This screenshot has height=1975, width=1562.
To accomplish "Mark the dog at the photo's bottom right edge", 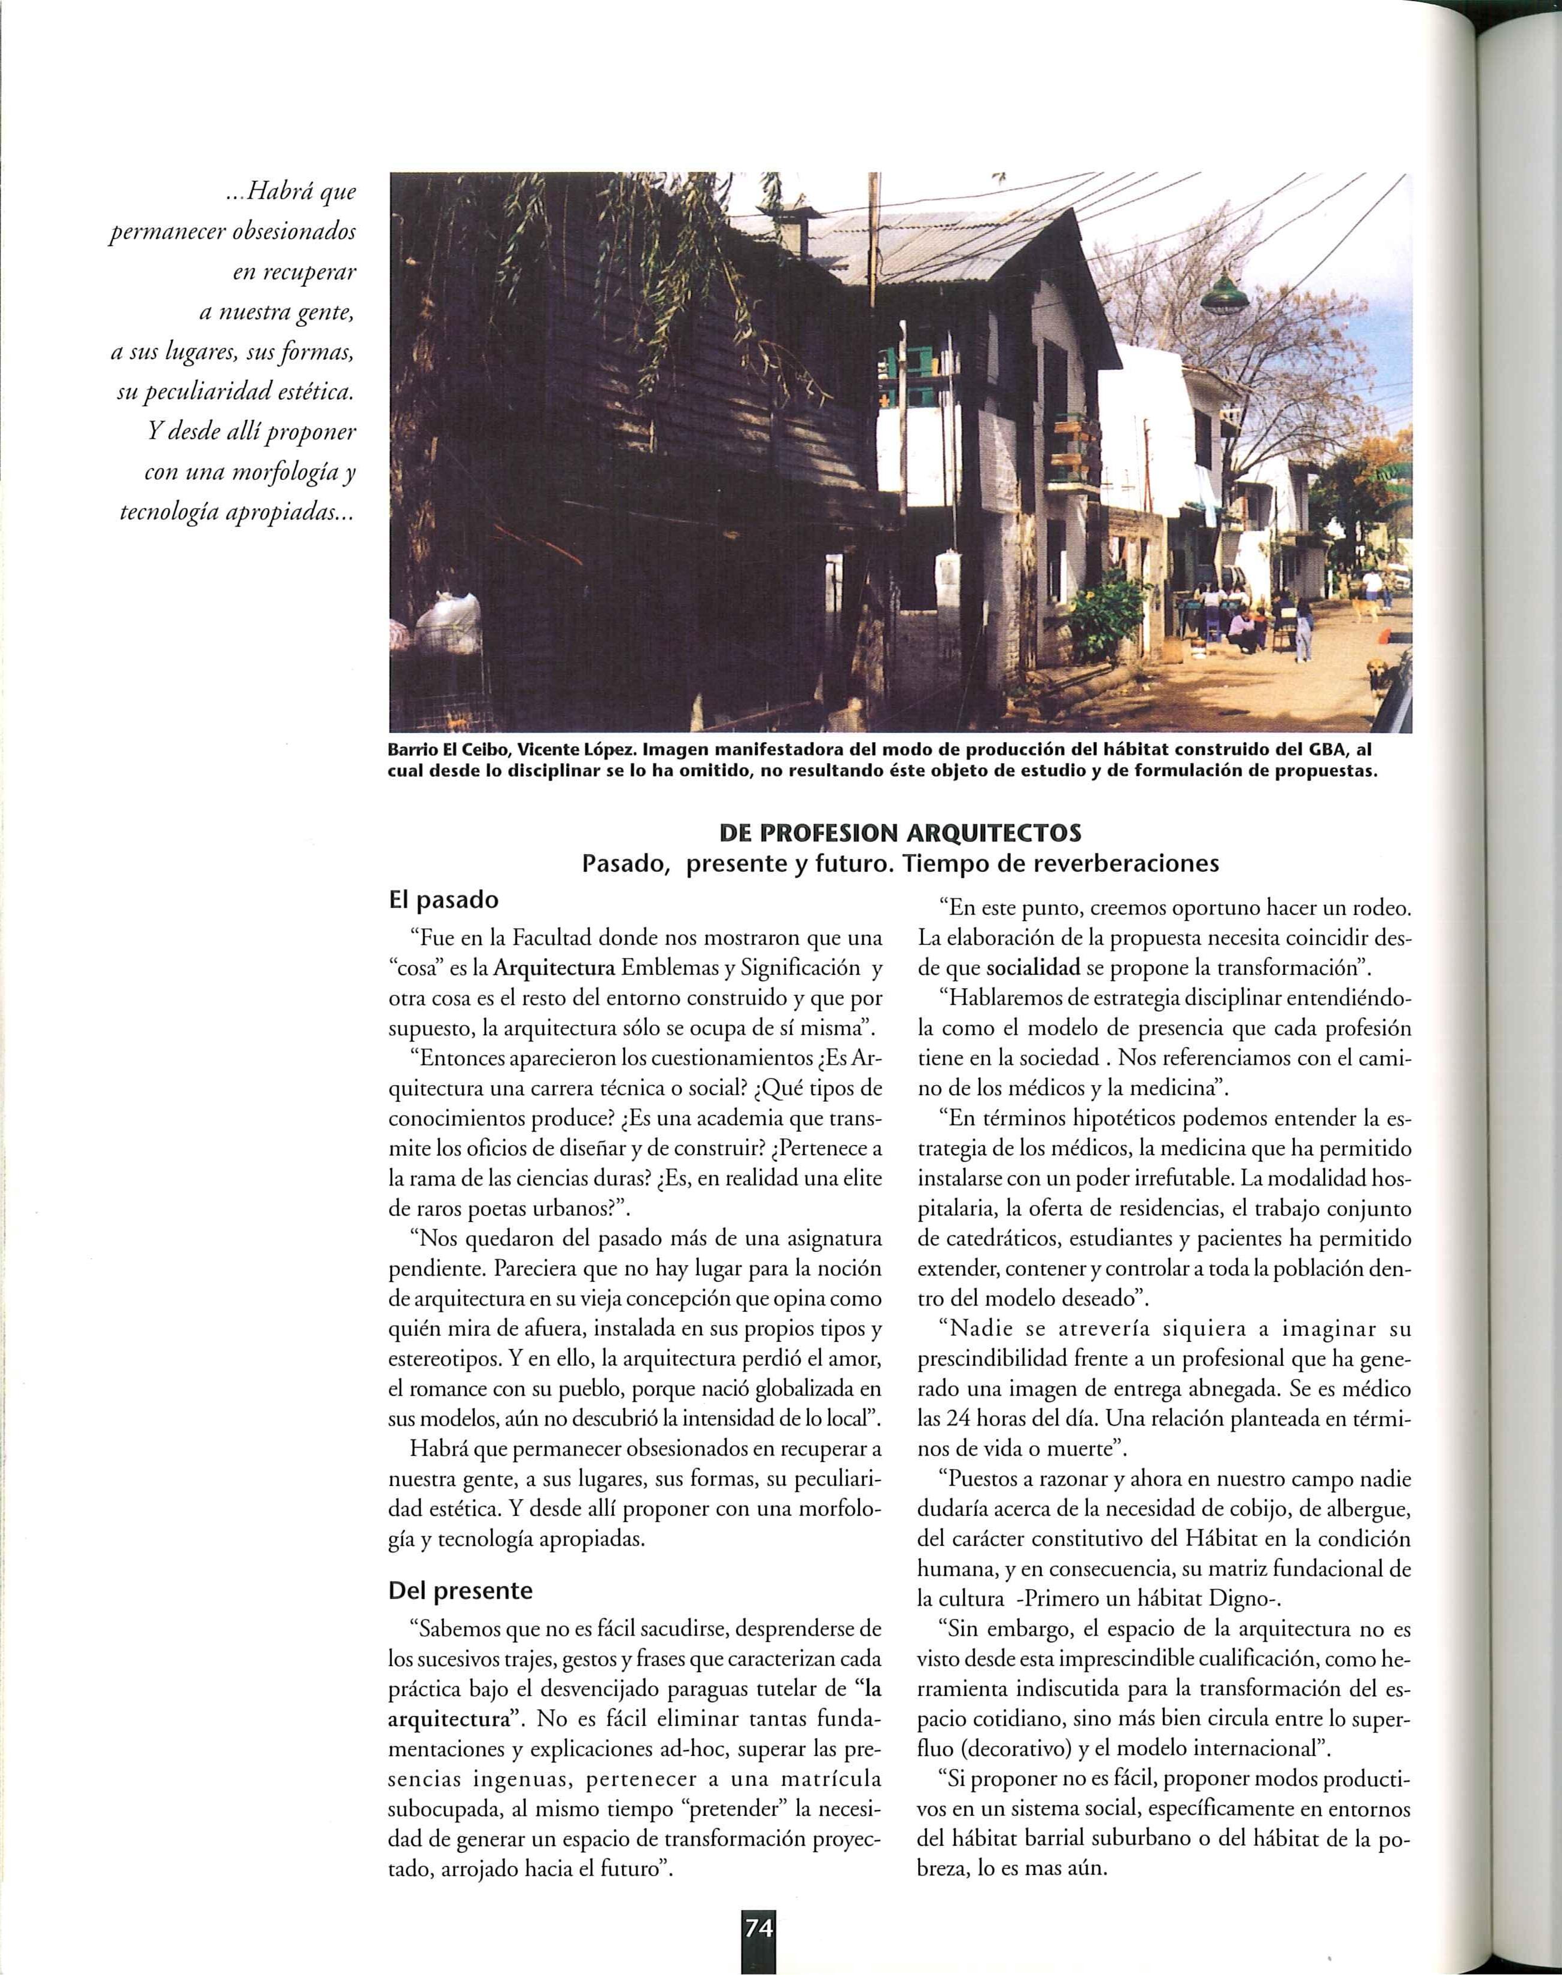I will tap(1380, 677).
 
